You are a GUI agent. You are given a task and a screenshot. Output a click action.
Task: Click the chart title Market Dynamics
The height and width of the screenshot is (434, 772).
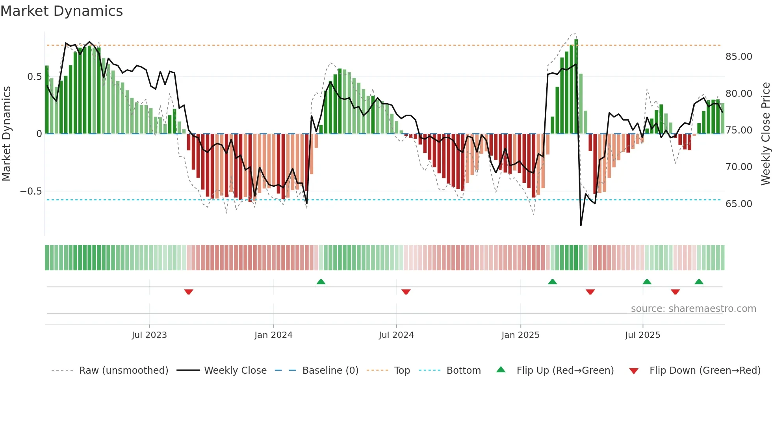[61, 11]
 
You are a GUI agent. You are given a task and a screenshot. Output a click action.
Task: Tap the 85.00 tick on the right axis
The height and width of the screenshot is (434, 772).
[739, 57]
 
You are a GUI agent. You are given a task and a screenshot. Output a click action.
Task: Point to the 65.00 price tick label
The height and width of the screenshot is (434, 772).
[739, 204]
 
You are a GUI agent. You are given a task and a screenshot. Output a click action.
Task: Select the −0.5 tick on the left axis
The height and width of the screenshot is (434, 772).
[31, 191]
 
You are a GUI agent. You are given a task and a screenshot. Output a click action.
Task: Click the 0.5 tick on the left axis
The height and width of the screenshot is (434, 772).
[34, 76]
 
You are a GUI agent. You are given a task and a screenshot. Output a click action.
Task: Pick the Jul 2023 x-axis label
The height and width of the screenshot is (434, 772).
[149, 335]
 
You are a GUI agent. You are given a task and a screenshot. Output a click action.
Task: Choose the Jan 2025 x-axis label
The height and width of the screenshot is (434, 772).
[520, 335]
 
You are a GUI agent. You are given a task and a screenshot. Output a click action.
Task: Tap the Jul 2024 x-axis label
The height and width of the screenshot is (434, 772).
[396, 335]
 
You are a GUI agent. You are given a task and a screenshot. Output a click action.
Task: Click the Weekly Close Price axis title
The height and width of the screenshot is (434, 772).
[765, 134]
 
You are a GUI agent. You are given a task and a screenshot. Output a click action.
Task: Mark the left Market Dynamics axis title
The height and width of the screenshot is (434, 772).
[6, 134]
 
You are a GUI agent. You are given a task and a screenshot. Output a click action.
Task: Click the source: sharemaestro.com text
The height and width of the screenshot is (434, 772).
[693, 309]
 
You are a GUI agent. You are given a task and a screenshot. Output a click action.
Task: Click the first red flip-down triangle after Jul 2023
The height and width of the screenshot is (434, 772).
[189, 292]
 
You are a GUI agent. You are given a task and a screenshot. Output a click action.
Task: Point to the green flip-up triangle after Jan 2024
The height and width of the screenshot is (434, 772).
[321, 282]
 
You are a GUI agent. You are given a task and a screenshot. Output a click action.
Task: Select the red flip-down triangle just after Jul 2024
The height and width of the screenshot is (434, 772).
[406, 292]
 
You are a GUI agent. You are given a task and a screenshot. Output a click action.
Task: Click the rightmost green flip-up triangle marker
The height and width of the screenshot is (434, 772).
[699, 282]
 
